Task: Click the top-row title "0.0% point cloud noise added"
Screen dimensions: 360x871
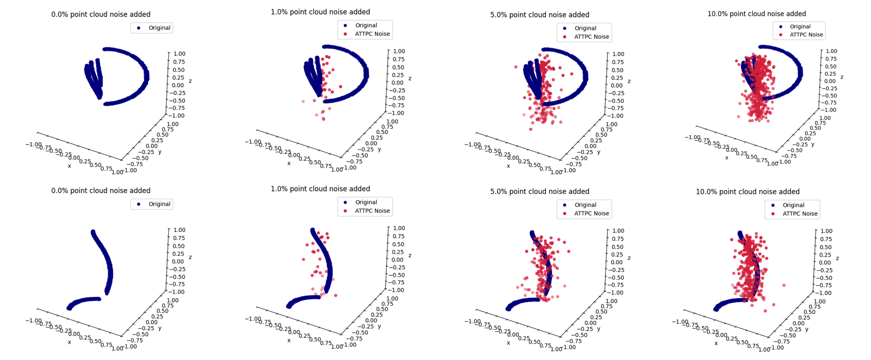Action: tap(101, 14)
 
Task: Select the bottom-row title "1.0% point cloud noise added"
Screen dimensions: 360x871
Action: tap(320, 189)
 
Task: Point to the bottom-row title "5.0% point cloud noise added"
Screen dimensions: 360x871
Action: tap(540, 191)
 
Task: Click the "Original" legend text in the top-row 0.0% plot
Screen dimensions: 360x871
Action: tap(159, 28)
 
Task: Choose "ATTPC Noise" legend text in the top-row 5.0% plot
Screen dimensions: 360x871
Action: tap(591, 37)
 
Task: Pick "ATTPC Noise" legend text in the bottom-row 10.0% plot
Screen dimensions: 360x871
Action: tap(800, 214)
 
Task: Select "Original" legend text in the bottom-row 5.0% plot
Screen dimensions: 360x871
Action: tap(585, 205)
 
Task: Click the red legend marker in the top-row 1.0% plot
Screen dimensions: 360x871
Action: tap(345, 34)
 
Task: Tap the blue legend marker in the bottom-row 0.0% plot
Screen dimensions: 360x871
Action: tap(139, 204)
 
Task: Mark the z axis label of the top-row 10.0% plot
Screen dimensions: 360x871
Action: tap(842, 77)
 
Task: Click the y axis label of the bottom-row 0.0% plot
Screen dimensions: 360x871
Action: tap(159, 328)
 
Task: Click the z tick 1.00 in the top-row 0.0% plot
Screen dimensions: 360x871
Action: tap(179, 54)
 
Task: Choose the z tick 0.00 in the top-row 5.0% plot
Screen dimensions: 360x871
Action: tap(617, 86)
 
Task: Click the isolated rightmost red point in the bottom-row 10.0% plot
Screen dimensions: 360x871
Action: tap(784, 285)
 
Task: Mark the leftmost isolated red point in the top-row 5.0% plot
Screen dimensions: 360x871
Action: tap(516, 67)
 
